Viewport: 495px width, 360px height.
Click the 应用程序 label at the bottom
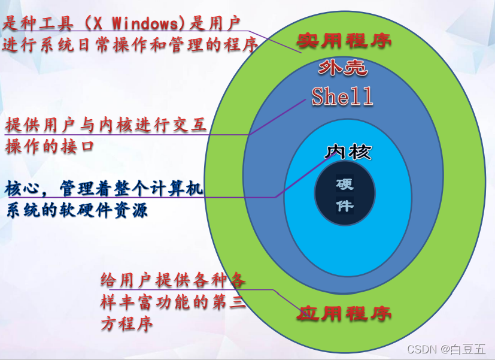coord(344,313)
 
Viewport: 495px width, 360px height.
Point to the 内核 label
coord(348,152)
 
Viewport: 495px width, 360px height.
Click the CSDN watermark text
coord(421,349)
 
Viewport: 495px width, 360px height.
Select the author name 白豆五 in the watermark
coord(469,349)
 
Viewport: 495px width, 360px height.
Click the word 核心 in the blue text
coord(23,189)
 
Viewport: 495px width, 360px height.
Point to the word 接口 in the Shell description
coord(81,146)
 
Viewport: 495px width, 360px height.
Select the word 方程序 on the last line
coord(126,324)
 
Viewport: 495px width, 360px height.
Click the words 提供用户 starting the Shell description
coord(42,125)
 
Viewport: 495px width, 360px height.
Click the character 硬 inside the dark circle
coord(345,184)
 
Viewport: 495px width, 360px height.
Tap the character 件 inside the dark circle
coord(345,206)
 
